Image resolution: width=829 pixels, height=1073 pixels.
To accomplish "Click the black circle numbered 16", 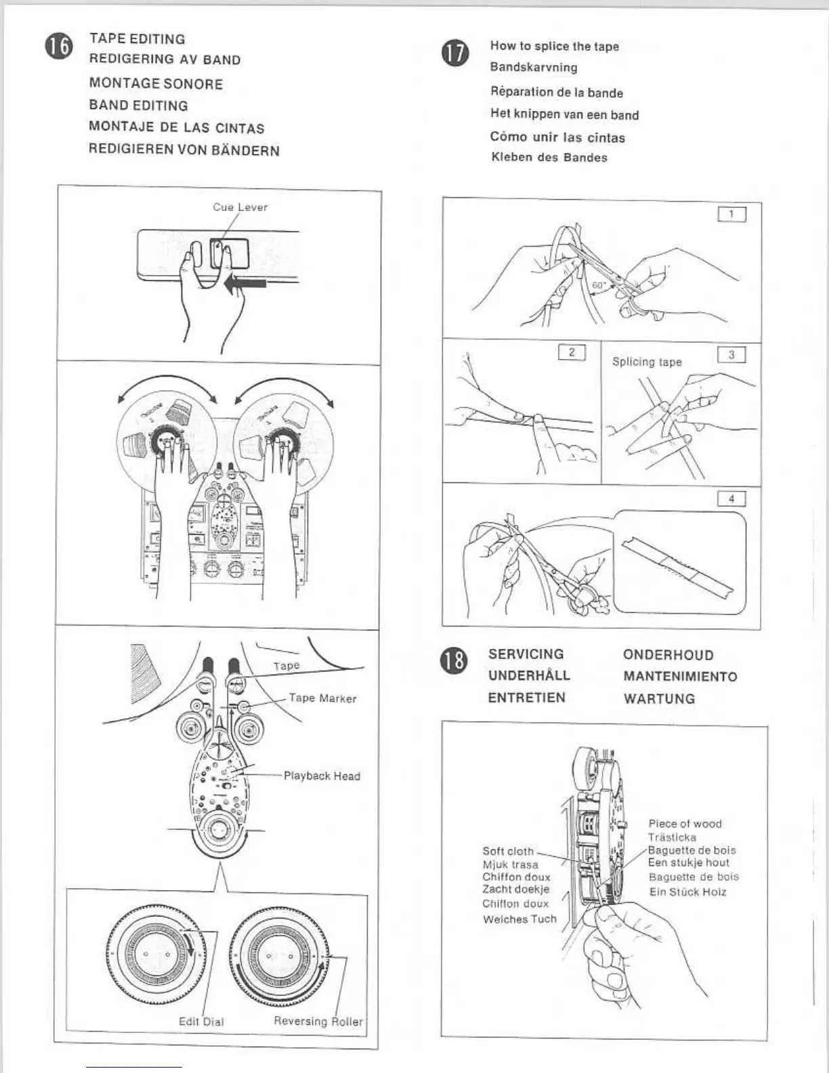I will (x=59, y=47).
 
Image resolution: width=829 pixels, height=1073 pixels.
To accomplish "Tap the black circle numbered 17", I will (x=454, y=54).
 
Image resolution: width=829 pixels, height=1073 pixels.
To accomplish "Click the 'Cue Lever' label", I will (x=240, y=207).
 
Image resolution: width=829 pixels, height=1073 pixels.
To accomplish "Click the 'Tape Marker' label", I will (x=322, y=698).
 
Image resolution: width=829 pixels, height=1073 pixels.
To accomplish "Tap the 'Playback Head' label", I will (x=322, y=776).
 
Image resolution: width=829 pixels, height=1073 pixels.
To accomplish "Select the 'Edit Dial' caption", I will (x=201, y=1022).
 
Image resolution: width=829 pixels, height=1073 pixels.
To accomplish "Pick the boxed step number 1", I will (x=731, y=215).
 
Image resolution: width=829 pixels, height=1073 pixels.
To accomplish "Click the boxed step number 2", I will (x=572, y=352).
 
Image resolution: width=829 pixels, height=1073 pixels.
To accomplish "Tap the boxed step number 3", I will (x=731, y=355).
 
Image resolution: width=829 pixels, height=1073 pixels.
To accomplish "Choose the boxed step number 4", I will (x=731, y=499).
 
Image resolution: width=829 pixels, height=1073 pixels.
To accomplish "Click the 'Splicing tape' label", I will (x=647, y=362).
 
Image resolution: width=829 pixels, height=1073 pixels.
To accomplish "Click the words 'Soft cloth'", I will (x=508, y=851).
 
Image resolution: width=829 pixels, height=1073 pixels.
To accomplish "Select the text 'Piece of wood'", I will (x=685, y=824).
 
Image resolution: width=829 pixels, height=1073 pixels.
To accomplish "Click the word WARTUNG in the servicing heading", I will (x=659, y=699).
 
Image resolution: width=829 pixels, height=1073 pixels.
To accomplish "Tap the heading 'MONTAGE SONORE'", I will (x=156, y=84).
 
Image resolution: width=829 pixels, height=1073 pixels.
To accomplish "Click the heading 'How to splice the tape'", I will (x=554, y=46).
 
